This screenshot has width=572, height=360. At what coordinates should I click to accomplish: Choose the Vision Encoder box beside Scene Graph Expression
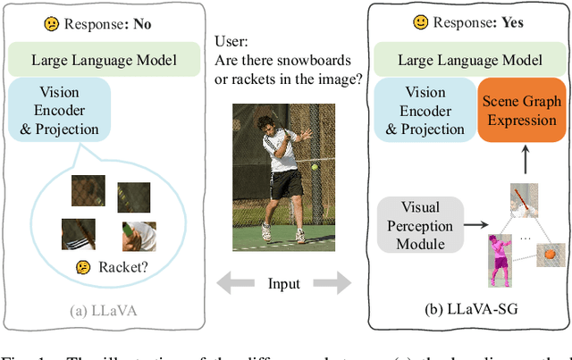point(425,111)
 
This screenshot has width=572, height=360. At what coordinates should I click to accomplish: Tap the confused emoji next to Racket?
point(83,266)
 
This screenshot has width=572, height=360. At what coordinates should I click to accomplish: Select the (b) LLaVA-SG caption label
point(470,311)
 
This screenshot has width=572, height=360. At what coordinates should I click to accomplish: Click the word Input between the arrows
point(283,284)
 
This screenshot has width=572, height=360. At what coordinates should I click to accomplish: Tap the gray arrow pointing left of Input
point(234,284)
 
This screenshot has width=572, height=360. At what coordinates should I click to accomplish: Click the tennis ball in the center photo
point(315,167)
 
